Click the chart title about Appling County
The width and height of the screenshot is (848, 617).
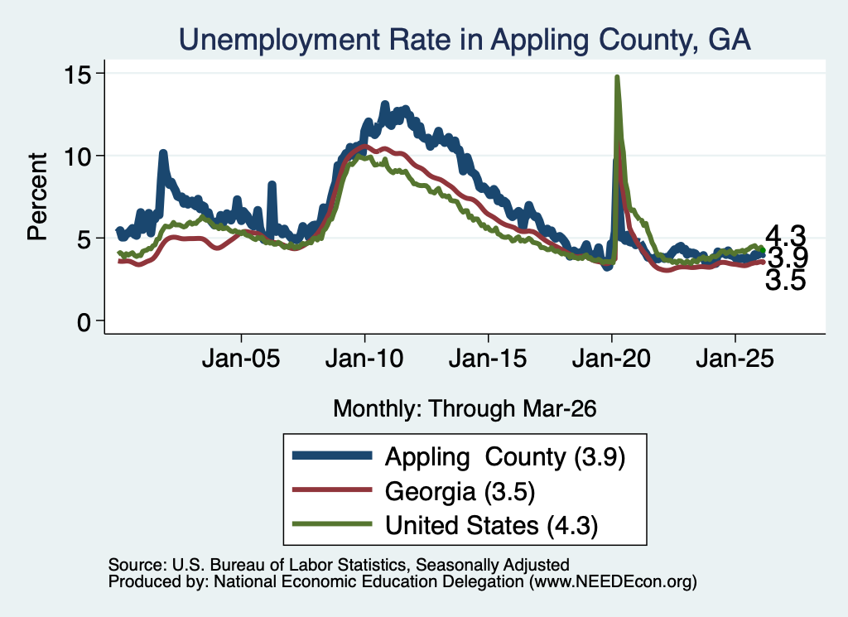coord(465,40)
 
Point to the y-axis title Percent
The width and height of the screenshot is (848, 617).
coord(37,197)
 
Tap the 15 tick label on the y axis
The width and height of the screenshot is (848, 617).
coord(77,74)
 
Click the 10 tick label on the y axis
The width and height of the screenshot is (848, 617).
coord(77,157)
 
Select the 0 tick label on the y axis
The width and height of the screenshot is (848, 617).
coord(84,322)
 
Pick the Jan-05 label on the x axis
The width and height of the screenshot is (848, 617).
coord(241,358)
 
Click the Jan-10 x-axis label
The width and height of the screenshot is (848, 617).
coord(364,358)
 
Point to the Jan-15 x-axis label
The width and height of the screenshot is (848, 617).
coord(488,358)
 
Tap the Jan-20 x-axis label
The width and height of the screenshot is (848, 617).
coord(611,358)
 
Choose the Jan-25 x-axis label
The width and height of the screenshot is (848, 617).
coord(735,358)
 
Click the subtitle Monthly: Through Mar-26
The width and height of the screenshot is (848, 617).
coord(465,409)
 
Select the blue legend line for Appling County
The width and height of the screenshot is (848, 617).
coord(332,456)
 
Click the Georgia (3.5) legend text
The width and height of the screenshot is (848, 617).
coord(460,492)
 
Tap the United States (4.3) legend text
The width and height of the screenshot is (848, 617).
coord(492,526)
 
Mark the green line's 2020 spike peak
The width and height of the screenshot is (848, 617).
coord(616,77)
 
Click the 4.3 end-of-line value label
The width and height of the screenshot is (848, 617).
coord(785,236)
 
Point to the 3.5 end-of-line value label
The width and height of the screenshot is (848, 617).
coord(785,281)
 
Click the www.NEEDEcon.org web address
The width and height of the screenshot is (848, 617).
coord(613,581)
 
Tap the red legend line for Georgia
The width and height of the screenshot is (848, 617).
coord(332,490)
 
